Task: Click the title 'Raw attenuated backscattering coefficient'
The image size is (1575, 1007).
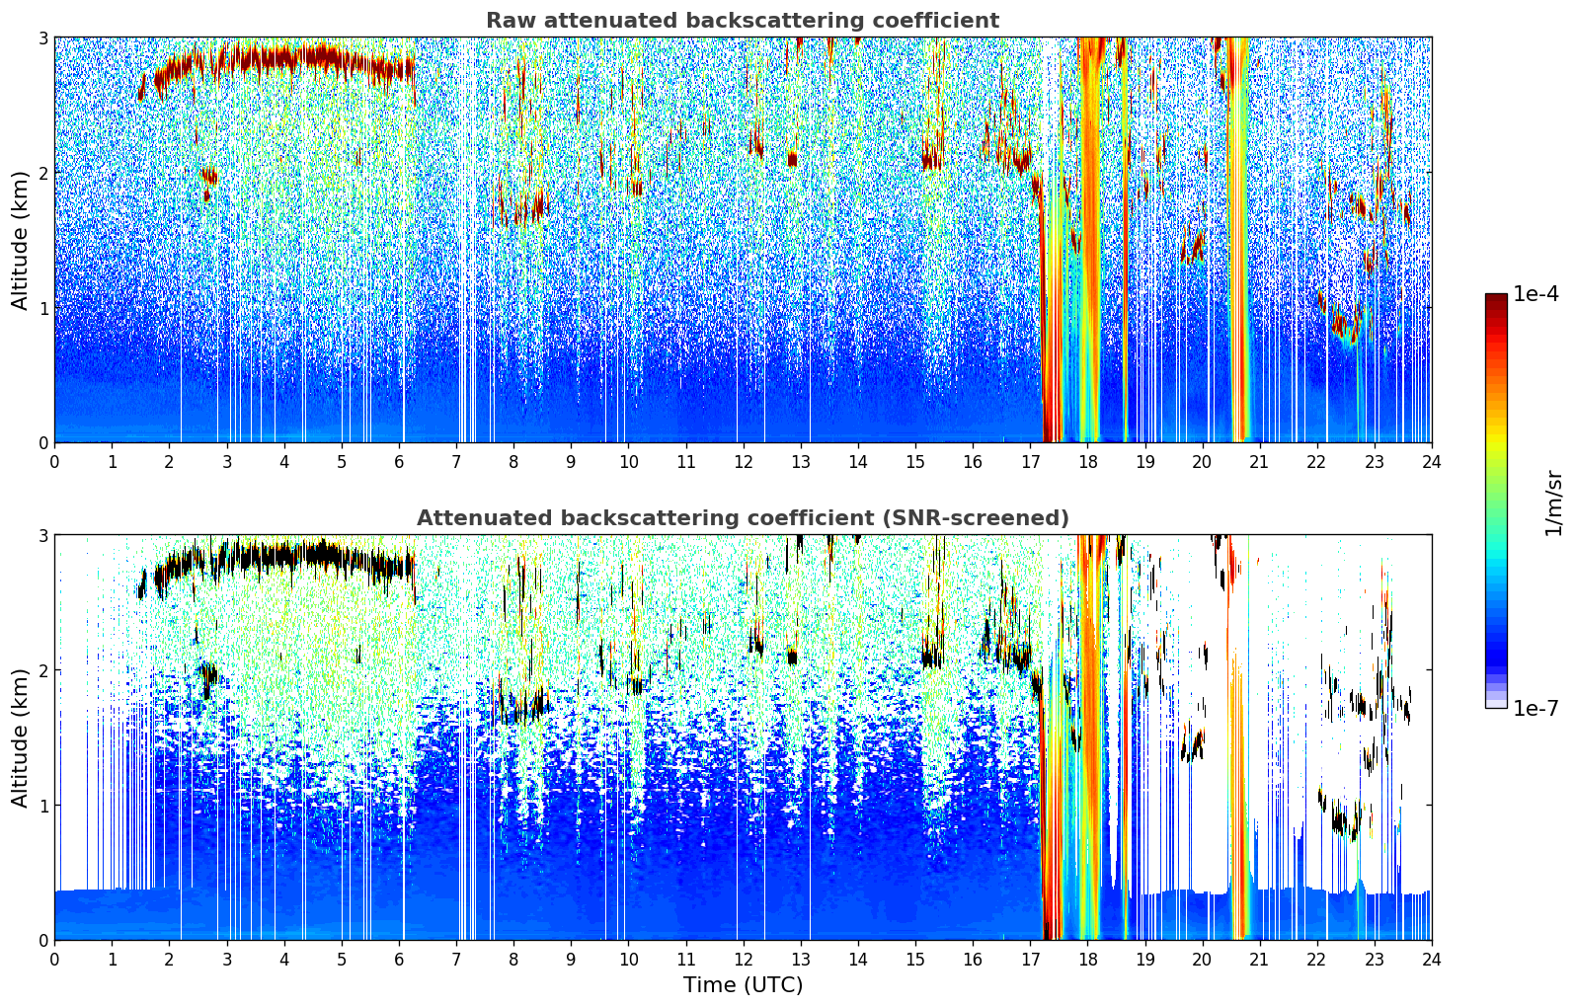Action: click(743, 21)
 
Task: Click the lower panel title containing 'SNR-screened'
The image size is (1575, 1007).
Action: click(743, 518)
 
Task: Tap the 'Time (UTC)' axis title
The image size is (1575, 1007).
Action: click(743, 985)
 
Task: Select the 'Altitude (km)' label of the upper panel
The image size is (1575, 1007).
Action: click(21, 240)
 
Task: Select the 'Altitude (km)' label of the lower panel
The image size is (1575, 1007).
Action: click(21, 737)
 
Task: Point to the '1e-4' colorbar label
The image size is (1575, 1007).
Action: click(1536, 294)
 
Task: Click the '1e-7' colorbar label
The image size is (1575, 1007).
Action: click(1536, 708)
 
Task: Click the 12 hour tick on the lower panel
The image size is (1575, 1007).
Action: click(743, 959)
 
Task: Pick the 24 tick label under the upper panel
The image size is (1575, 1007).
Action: click(1432, 461)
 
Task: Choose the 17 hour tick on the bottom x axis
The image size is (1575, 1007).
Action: click(1030, 959)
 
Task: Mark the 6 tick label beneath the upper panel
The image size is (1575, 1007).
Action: click(399, 461)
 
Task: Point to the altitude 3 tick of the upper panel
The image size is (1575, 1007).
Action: click(42, 38)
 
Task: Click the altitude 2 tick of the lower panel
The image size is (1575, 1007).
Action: click(42, 670)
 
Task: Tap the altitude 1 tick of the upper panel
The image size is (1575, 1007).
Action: click(42, 308)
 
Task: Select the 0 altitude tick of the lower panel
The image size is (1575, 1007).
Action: click(42, 941)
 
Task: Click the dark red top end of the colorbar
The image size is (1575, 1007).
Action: click(1496, 298)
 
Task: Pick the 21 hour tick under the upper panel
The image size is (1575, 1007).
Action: click(1259, 461)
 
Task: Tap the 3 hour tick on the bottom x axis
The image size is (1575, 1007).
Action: click(227, 959)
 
